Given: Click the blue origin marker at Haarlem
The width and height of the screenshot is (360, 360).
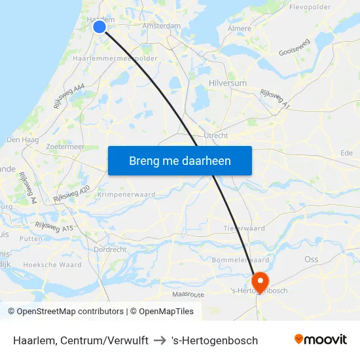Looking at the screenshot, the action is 99,27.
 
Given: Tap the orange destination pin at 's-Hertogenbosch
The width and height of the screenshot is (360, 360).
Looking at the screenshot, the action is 260,281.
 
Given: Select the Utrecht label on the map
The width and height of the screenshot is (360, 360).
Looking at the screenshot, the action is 216,135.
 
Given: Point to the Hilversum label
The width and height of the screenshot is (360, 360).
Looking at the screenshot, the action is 227,83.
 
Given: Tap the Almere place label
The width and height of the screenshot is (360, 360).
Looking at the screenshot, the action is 239,29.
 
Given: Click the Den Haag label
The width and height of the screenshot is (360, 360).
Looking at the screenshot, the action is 23,140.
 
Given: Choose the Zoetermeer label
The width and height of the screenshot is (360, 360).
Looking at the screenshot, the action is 65,147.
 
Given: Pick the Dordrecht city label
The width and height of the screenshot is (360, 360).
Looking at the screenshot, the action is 110,249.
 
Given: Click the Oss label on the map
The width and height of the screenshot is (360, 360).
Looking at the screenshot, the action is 312,259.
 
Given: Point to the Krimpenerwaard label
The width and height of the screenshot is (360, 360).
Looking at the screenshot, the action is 126,195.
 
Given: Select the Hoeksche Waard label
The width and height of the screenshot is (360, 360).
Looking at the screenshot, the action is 52,265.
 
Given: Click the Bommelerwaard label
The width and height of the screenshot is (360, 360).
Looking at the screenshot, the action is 241,261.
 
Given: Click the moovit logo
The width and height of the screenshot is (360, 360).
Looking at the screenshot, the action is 320,340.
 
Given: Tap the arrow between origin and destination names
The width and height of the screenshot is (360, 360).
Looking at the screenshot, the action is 160,340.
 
